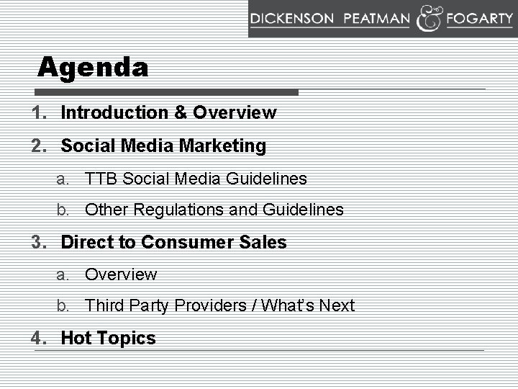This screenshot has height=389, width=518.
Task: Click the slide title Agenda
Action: pyautogui.click(x=94, y=68)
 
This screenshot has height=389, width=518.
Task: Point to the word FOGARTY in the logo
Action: pyautogui.click(x=478, y=19)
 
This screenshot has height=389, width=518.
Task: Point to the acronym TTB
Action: pyautogui.click(x=101, y=179)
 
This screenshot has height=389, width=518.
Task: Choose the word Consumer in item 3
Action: pyautogui.click(x=189, y=243)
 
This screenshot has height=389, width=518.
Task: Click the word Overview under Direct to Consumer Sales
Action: pyautogui.click(x=120, y=274)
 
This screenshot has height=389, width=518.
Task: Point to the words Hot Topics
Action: pyautogui.click(x=108, y=339)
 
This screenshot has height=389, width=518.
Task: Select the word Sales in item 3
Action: pyautogui.click(x=266, y=243)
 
